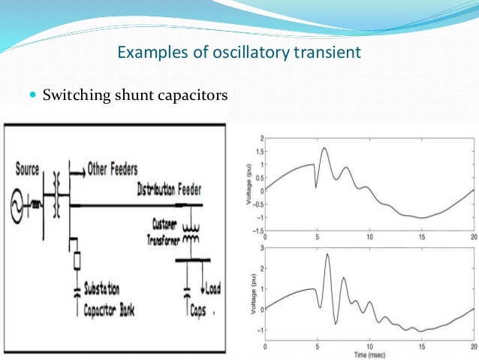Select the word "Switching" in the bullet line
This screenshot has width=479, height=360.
coord(71,96)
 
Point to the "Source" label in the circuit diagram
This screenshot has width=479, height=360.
coord(28,170)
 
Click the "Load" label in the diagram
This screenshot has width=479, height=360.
coord(212,289)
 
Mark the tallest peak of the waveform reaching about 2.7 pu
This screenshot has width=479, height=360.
coord(327,255)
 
